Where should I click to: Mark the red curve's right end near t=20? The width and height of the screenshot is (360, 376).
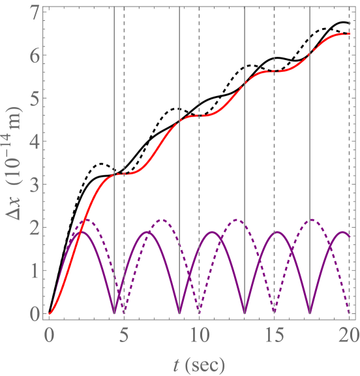click(x=350, y=34)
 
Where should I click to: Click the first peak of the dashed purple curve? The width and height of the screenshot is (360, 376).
click(x=86, y=220)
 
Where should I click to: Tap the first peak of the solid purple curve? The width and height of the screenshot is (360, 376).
click(x=82, y=232)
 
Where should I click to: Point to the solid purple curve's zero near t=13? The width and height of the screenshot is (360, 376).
click(x=245, y=314)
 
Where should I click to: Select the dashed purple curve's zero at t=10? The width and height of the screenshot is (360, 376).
click(x=199, y=313)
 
